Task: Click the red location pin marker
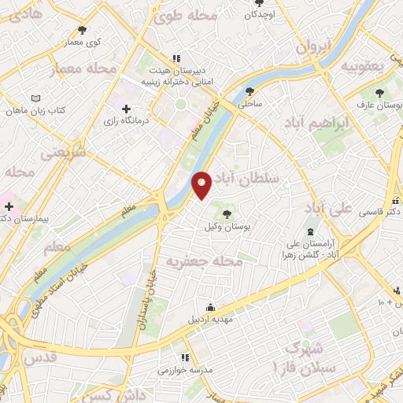pyautogui.click(x=202, y=185)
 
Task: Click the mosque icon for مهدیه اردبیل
pyautogui.click(x=209, y=307)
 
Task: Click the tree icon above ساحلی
pyautogui.click(x=250, y=91)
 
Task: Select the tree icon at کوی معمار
pyautogui.click(x=83, y=30)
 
